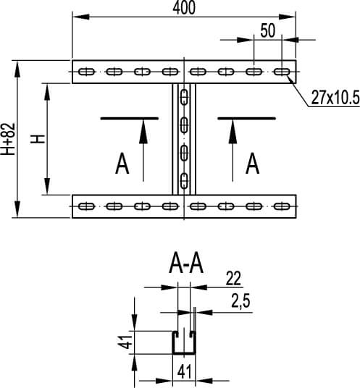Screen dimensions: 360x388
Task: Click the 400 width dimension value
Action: [x=184, y=8]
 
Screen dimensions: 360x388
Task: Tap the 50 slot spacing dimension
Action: [x=268, y=30]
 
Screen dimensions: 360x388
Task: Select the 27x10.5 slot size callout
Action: [x=335, y=97]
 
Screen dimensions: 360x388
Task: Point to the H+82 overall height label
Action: [x=9, y=139]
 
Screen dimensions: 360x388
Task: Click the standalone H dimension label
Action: [x=38, y=139]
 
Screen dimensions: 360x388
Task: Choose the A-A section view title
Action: [x=186, y=265]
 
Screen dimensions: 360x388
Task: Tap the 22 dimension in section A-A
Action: [x=233, y=279]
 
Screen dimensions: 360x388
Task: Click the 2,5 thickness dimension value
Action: [x=240, y=301]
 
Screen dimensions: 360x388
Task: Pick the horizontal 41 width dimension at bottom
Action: [x=184, y=371]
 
